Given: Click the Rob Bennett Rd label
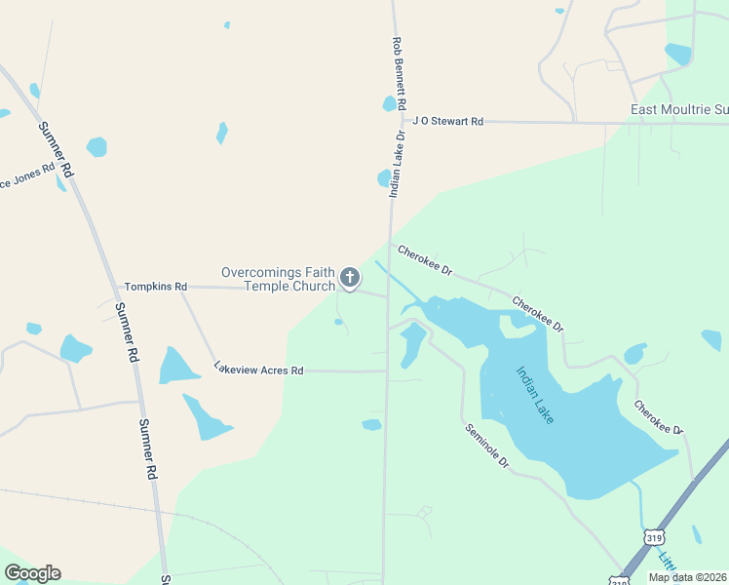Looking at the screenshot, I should [x=398, y=74].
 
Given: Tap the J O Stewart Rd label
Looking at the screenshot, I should [x=447, y=122].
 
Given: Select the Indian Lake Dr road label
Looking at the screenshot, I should [x=397, y=166].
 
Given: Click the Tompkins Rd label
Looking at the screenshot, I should [x=155, y=287].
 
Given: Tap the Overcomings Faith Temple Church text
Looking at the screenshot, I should [x=278, y=280].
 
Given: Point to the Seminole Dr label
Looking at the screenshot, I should [x=487, y=446].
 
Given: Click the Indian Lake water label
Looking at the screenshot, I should [x=535, y=394].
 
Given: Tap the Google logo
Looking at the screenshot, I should [x=32, y=573].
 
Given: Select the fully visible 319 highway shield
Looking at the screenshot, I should [x=654, y=537].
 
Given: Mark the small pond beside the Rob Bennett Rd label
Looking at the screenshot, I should [x=390, y=103].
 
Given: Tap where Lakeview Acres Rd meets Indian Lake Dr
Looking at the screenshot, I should [x=387, y=370].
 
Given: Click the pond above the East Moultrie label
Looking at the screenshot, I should [x=678, y=54].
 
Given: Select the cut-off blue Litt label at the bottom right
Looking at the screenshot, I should [x=667, y=563].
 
